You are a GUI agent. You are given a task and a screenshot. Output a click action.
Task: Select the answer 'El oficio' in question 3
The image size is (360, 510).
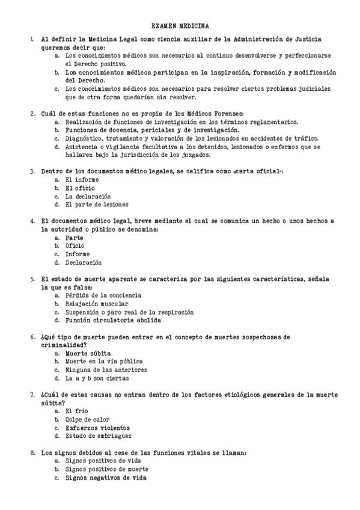pos(80,188)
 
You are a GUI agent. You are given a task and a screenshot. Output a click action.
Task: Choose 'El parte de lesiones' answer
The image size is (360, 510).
pos(96,204)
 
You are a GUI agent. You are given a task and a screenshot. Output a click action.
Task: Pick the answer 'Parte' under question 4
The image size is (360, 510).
pos(75,238)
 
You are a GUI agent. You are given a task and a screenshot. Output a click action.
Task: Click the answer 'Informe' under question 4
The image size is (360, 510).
pos(78,254)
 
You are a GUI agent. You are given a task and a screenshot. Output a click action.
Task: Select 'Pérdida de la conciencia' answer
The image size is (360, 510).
pos(103,295)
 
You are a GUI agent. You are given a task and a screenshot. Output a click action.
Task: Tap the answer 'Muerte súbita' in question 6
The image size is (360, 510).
pos(88,354)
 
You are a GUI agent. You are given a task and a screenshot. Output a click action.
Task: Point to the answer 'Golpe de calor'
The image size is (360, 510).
pos(88,419)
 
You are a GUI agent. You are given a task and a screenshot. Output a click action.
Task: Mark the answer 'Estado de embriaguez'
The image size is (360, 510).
pos(99,436)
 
